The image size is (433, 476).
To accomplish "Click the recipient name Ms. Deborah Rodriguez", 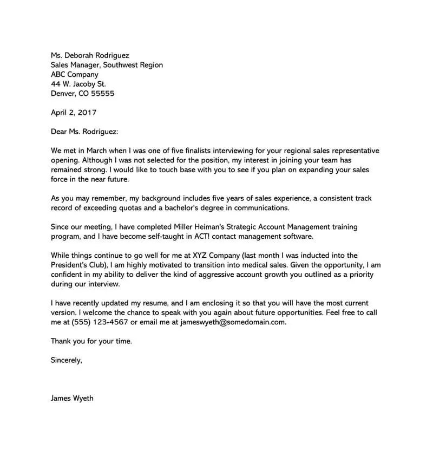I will click(90, 55).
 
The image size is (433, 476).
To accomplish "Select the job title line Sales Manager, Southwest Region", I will click(107, 65).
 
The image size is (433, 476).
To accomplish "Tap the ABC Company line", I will click(75, 75).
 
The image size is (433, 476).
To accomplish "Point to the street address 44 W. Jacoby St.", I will click(78, 84).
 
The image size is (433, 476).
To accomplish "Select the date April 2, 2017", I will click(74, 113).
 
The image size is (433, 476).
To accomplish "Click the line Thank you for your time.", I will click(91, 341).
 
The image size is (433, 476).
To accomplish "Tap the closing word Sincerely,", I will click(66, 360).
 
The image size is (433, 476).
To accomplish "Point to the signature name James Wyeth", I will click(72, 398).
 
